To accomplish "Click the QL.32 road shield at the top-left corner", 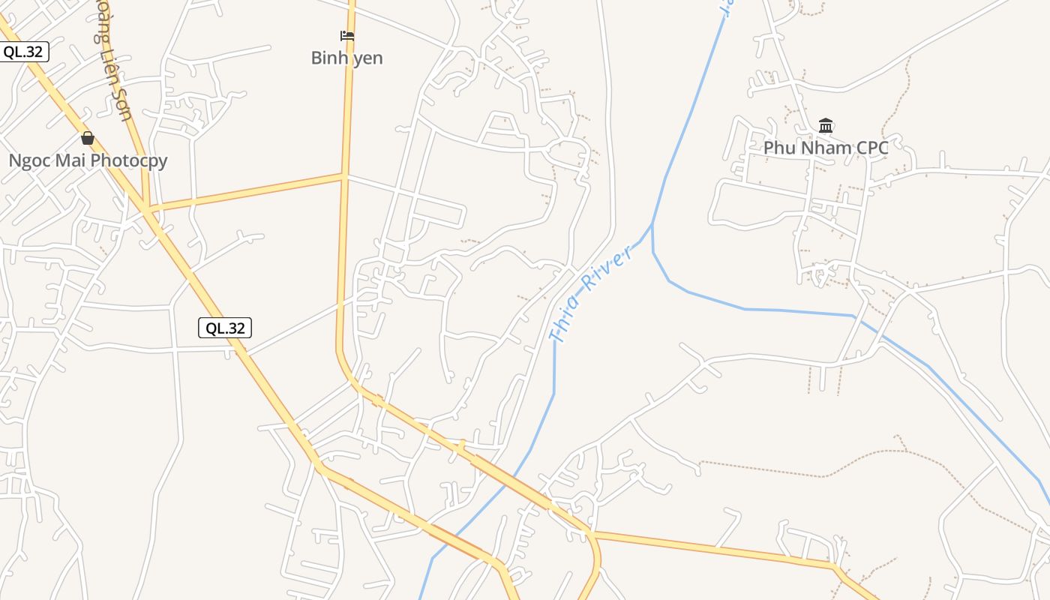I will point(23,52).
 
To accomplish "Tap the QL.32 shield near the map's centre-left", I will point(225,328).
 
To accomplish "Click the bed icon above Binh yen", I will point(346,35).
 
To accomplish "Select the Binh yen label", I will point(346,58).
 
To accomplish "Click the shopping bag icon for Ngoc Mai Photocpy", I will point(88,138).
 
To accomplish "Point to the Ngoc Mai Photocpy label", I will point(88,160).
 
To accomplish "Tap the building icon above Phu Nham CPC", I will point(826,125).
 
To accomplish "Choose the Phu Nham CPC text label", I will point(826,148).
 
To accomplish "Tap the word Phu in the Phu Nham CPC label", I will point(778,148).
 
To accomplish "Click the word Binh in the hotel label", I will point(328,58).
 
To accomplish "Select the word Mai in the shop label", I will point(70,160).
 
